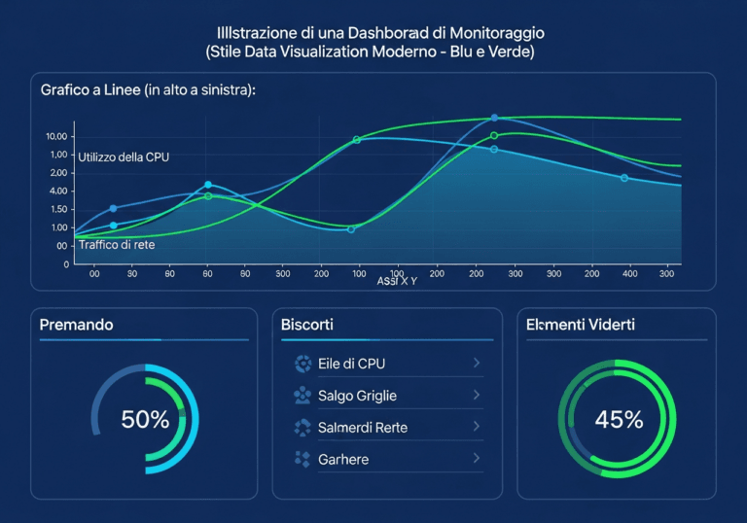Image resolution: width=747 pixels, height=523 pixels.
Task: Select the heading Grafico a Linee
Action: (89, 89)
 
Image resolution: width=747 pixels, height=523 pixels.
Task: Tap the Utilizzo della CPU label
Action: (124, 157)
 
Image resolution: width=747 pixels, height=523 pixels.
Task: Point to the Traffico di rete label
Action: (116, 245)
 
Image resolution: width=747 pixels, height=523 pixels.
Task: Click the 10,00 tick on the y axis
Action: (56, 137)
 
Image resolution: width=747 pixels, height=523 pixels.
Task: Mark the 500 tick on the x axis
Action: (282, 275)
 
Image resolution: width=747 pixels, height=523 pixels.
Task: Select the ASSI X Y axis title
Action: (397, 281)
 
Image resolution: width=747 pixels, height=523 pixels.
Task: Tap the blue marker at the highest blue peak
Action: (494, 118)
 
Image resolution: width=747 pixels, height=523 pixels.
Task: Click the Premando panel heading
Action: (77, 325)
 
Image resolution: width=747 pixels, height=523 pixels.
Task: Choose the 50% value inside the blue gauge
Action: (145, 420)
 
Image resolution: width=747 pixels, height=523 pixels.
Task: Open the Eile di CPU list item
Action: (351, 364)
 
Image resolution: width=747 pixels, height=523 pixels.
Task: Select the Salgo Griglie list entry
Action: (357, 396)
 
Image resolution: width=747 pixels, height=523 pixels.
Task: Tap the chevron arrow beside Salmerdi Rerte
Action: (477, 427)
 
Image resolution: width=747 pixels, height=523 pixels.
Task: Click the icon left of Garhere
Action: (301, 459)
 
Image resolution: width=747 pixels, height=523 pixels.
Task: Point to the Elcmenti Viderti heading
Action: (580, 325)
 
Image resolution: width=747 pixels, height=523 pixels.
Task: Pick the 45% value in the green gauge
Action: (619, 420)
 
